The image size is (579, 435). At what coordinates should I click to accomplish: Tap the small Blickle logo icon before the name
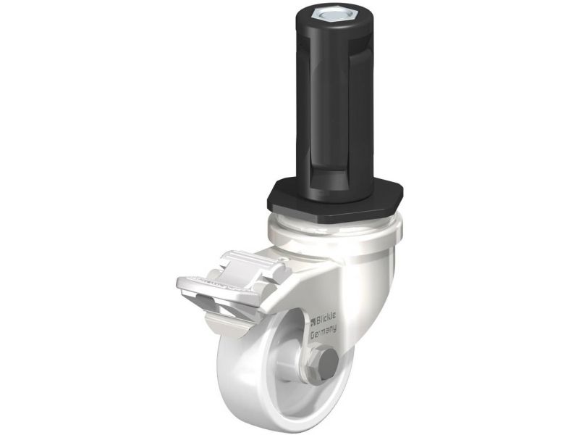[313, 321]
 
